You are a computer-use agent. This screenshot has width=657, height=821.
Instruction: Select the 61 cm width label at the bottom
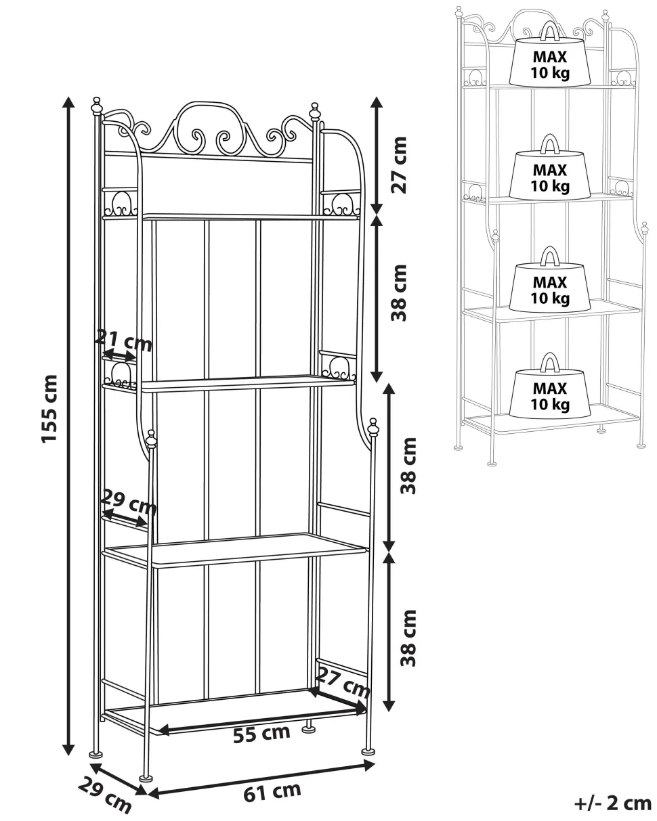pyautogui.click(x=272, y=792)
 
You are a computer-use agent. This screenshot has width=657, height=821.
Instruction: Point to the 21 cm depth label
pyautogui.click(x=123, y=340)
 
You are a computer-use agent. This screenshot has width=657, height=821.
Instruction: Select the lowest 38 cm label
pyautogui.click(x=408, y=638)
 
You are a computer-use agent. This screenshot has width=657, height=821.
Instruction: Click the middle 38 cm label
pyautogui.click(x=408, y=466)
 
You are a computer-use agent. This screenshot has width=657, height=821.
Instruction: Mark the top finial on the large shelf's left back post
pyautogui.click(x=97, y=106)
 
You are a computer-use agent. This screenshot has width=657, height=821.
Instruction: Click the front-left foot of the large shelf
pyautogui.click(x=144, y=779)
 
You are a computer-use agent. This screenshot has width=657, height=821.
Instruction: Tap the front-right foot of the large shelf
pyautogui.click(x=368, y=751)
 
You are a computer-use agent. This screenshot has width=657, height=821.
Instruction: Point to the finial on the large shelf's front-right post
pyautogui.click(x=373, y=428)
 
